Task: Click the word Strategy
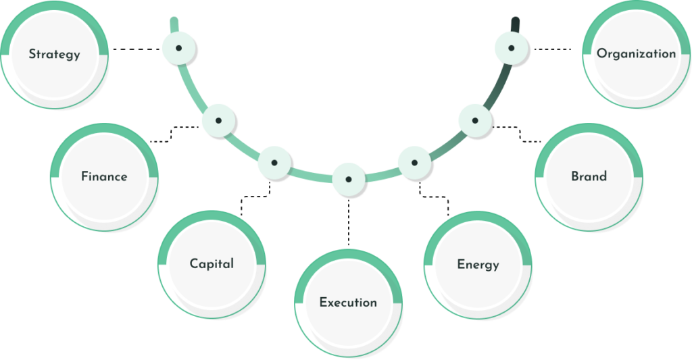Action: (x=54, y=55)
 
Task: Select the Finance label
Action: (x=103, y=177)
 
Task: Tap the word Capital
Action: (x=212, y=263)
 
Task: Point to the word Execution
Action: (x=348, y=302)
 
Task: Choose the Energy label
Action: (x=478, y=263)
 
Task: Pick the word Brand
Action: (x=589, y=176)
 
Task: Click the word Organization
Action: (x=636, y=54)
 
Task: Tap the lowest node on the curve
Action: (x=348, y=179)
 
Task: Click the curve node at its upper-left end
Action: (x=178, y=48)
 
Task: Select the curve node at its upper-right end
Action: (x=512, y=48)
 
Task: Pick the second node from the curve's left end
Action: (x=218, y=121)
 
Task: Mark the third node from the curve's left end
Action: (x=274, y=163)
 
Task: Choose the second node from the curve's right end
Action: (x=474, y=121)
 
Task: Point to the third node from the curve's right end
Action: (x=413, y=162)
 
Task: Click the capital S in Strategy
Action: (x=32, y=55)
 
